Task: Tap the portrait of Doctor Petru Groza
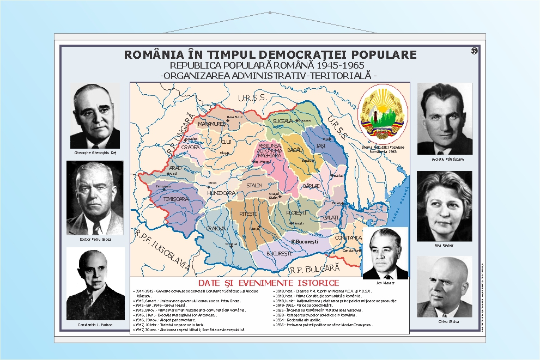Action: pos(95,197)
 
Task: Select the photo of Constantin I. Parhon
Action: pos(95,283)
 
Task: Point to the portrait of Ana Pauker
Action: pos(444,206)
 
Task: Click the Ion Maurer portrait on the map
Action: pos(385,253)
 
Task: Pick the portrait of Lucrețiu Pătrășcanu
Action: pos(444,119)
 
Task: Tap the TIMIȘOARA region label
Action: pos(176,199)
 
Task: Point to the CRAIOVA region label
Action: pos(215,229)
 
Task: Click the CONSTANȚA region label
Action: pos(349,238)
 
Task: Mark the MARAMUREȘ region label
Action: pos(211,124)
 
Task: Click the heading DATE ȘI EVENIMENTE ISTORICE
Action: pos(269,283)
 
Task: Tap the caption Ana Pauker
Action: pos(444,245)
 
